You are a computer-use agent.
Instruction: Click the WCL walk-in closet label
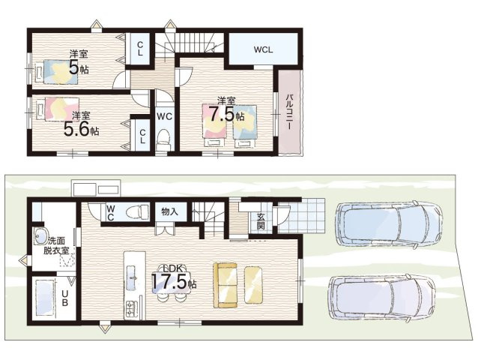click(x=263, y=49)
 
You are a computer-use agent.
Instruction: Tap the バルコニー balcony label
click(x=289, y=112)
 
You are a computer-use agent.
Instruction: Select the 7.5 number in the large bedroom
click(x=223, y=115)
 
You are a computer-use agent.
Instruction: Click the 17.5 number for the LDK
click(x=169, y=281)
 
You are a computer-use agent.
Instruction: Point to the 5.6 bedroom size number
click(x=76, y=129)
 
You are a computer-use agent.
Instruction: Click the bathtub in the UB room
click(x=45, y=298)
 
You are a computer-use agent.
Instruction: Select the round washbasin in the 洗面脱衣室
click(x=40, y=236)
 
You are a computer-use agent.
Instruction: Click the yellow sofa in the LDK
click(x=225, y=286)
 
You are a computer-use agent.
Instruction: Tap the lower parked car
click(x=381, y=298)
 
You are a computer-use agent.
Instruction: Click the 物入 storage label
click(x=169, y=211)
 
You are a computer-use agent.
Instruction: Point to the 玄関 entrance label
click(x=261, y=221)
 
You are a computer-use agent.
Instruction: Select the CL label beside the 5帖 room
click(x=140, y=49)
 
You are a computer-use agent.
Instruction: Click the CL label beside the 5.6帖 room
click(x=142, y=136)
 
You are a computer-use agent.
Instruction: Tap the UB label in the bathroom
click(x=65, y=298)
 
